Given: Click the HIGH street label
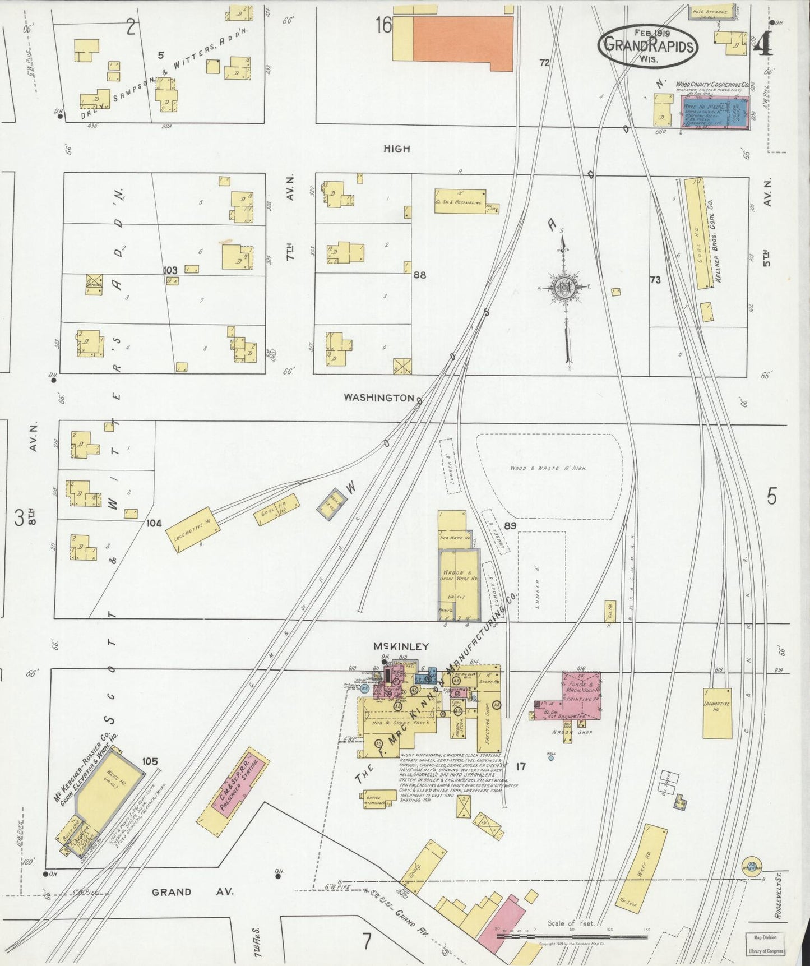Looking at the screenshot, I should (x=396, y=149).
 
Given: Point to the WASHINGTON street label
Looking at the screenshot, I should (x=379, y=397).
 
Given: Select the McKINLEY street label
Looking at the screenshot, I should (x=401, y=646).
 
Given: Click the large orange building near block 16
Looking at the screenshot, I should (x=463, y=43).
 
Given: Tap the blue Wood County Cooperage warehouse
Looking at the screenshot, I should (x=714, y=113).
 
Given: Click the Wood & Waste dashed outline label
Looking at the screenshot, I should (x=548, y=468).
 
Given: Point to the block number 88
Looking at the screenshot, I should (x=419, y=275).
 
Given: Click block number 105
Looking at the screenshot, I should (x=150, y=761).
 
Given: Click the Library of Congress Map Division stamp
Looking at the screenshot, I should (x=765, y=944).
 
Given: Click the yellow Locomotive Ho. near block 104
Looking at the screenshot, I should (x=192, y=530).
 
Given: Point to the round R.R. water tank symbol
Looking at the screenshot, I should (x=751, y=866).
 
